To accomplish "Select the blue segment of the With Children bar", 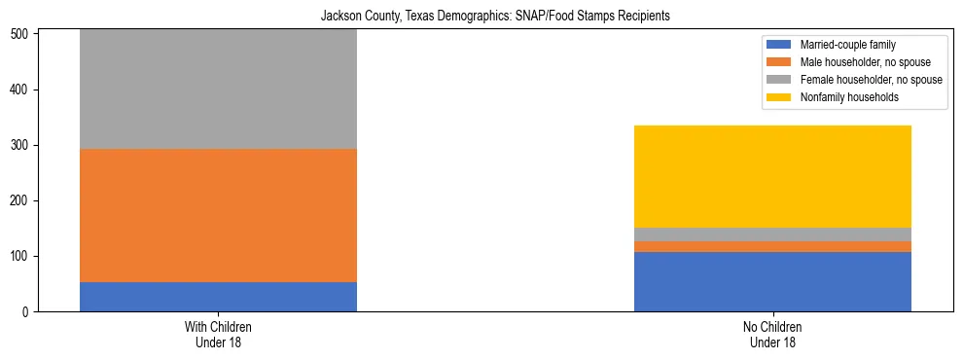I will click(x=218, y=297).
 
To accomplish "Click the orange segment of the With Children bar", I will click(x=218, y=216).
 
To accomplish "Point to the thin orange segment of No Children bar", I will click(x=772, y=246).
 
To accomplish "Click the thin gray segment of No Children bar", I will click(x=772, y=234).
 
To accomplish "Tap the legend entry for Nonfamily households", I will click(x=849, y=97).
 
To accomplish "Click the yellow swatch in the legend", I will click(x=780, y=97).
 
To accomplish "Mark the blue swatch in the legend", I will click(x=780, y=45).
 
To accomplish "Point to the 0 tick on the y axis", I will click(x=28, y=312).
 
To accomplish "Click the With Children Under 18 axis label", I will click(x=218, y=335).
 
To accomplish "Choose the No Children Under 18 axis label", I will click(x=772, y=335).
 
